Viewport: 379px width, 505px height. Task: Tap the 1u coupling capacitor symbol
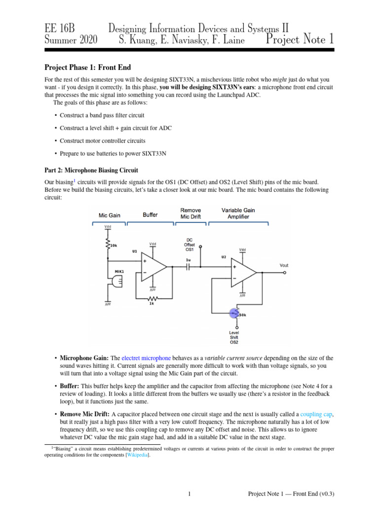188,267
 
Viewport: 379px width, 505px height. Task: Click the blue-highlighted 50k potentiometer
233,313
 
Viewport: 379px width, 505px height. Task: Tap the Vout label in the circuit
284,265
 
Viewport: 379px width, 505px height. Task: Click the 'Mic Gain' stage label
109,215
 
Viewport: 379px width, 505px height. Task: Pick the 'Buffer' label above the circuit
150,215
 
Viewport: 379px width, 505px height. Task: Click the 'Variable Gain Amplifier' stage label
238,214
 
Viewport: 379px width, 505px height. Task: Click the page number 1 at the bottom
189,494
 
